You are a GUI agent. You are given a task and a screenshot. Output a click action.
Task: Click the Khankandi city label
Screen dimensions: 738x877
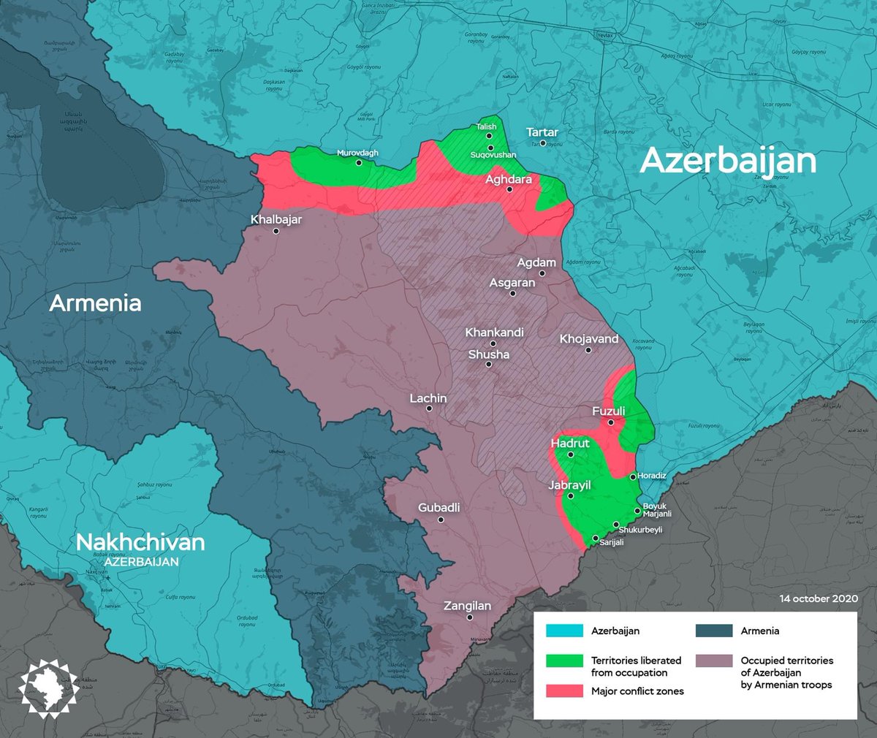point(494,332)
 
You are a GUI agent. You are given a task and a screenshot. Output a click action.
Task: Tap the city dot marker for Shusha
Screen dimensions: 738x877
point(489,364)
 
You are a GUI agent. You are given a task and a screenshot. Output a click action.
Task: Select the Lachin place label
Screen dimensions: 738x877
point(428,398)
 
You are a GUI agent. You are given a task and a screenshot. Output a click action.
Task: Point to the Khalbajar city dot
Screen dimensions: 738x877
point(276,231)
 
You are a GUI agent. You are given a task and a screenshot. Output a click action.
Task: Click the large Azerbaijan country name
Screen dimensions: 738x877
point(727,161)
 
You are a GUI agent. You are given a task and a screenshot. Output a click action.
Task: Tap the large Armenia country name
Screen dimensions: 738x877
point(95,303)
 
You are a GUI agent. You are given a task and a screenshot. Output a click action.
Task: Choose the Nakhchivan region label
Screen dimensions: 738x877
point(140,542)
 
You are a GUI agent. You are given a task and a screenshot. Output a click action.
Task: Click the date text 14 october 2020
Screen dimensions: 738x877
point(818,598)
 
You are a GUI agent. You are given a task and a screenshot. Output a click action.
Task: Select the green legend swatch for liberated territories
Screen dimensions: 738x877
point(564,661)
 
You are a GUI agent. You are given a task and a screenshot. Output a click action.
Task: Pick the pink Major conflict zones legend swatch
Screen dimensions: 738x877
point(564,691)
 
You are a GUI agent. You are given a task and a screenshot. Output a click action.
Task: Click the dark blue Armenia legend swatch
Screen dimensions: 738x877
point(714,631)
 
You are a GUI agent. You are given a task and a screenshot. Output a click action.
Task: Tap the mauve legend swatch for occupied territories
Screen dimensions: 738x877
point(714,661)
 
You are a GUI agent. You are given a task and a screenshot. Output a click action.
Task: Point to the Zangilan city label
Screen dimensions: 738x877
point(467,606)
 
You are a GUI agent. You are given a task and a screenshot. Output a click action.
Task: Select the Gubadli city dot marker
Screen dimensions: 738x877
point(441,520)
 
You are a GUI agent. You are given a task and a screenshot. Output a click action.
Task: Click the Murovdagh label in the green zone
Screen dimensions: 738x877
point(357,153)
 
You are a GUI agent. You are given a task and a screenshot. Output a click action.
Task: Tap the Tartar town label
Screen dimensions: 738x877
point(542,132)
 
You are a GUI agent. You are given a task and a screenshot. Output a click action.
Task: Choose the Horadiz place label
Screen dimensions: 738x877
point(651,476)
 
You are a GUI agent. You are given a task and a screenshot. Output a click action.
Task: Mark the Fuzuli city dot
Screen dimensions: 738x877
point(611,422)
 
